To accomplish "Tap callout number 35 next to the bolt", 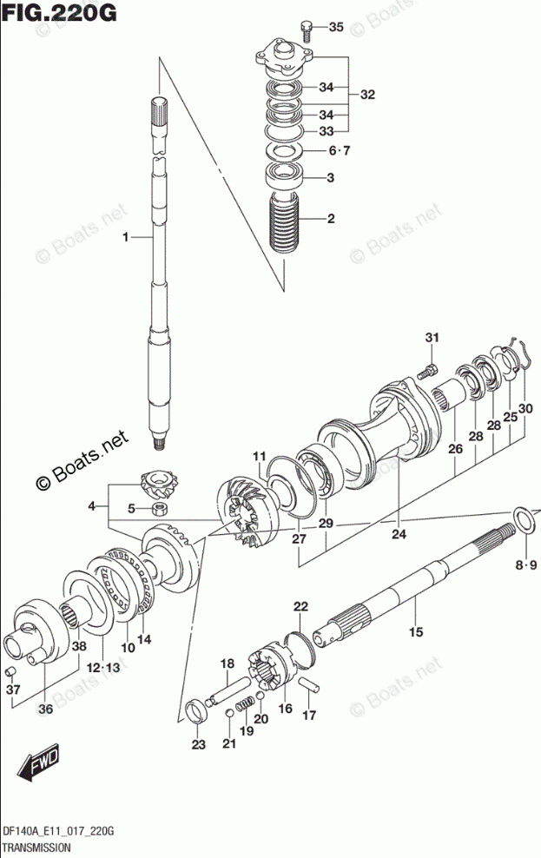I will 336,28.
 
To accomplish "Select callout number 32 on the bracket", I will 367,96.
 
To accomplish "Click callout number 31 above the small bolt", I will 432,337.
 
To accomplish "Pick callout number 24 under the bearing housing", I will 398,534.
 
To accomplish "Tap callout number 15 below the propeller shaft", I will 416,631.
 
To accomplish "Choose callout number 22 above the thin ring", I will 300,606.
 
